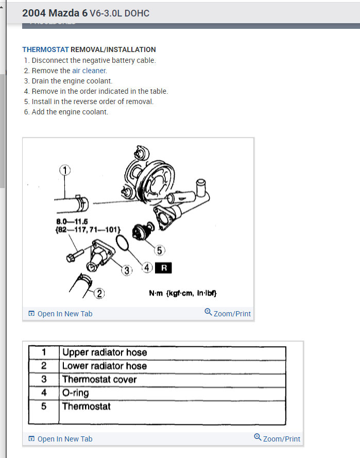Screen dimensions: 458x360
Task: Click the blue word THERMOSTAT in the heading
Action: [x=45, y=49]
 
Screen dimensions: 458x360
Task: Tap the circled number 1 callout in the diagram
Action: [x=65, y=169]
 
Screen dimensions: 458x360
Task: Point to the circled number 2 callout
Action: [x=99, y=294]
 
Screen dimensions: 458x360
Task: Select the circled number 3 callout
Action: [x=127, y=270]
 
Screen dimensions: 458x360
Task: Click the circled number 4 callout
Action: [x=147, y=268]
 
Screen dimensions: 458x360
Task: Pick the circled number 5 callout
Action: [x=159, y=250]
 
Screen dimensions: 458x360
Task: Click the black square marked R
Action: [x=163, y=268]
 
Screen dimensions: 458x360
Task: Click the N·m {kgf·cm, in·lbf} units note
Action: [x=183, y=293]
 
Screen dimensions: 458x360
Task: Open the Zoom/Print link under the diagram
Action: [x=228, y=313]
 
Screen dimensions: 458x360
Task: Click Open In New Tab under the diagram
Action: [x=61, y=313]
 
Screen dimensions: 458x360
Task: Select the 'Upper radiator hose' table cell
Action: [x=105, y=352]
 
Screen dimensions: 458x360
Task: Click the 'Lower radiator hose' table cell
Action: [x=105, y=366]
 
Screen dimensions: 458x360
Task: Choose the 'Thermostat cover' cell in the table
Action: [x=99, y=379]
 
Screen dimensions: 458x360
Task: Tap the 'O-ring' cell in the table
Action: [x=75, y=393]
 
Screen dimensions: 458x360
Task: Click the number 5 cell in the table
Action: [x=44, y=406]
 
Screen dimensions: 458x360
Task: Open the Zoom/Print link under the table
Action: [x=277, y=438]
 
